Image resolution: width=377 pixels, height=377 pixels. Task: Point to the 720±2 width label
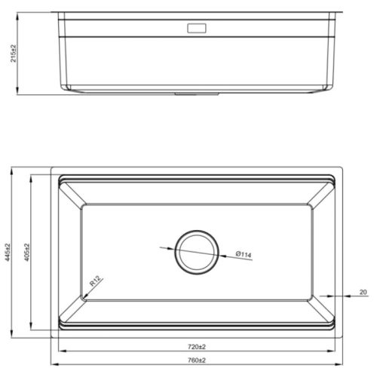coord(197,347)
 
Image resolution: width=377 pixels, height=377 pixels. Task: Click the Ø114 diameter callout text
coord(243,254)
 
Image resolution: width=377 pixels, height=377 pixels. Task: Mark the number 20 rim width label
coord(363,291)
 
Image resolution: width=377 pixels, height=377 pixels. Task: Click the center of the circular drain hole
coord(197,251)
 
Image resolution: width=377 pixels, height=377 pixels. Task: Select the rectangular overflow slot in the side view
coord(197,29)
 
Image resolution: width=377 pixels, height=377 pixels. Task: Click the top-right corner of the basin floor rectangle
coord(310,204)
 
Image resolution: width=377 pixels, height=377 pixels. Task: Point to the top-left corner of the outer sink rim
coord(52,167)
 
